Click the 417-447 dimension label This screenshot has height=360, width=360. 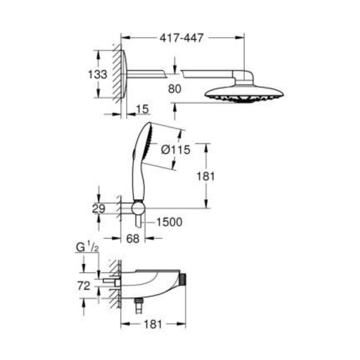(181, 38)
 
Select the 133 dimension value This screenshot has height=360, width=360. (98, 74)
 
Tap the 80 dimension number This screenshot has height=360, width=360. (174, 89)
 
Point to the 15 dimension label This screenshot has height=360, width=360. (142, 109)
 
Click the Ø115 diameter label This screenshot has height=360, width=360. (176, 150)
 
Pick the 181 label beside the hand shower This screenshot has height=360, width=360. (205, 176)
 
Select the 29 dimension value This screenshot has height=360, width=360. (99, 209)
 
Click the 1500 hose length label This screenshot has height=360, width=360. (169, 222)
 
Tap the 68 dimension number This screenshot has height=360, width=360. (133, 239)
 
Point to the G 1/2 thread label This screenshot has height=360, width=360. (87, 247)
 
